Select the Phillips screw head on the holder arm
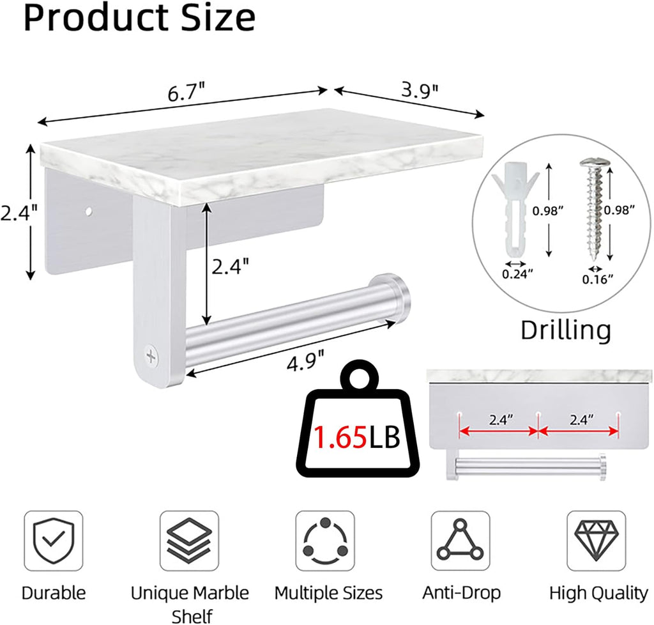[151, 356]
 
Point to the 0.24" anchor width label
[517, 274]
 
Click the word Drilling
[566, 330]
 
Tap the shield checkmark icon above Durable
[53, 541]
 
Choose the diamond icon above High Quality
[596, 541]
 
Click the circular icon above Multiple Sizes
[324, 541]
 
